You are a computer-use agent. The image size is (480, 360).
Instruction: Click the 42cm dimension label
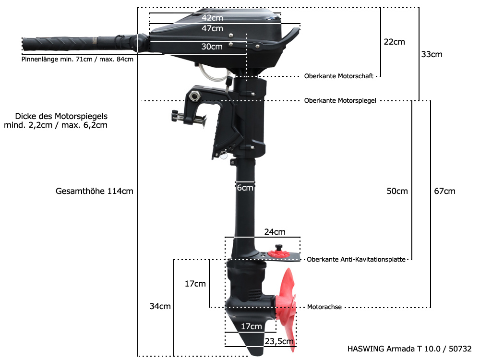point(212,18)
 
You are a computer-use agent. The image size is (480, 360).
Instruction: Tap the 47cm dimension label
point(212,28)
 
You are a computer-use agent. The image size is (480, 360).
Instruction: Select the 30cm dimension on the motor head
point(212,47)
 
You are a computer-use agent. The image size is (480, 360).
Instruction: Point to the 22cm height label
point(394,42)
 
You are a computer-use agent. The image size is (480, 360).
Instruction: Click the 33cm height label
point(432,54)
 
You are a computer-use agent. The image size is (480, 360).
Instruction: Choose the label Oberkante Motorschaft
point(338,76)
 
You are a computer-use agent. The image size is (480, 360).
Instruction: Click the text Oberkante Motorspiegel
point(340,101)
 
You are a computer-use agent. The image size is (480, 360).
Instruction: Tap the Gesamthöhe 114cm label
point(95,191)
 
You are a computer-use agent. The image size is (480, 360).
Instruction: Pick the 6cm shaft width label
point(245,188)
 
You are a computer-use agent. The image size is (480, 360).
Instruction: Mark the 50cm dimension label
point(397,191)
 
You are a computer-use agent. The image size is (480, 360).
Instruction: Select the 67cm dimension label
point(444,191)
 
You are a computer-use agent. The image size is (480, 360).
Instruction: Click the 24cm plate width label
point(275,232)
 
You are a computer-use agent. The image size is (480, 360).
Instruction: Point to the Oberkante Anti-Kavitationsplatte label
point(357,259)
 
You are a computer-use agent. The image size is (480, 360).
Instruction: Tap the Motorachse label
point(324,307)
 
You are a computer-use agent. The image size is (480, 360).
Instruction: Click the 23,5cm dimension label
point(279,341)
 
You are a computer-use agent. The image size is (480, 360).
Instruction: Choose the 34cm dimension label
point(160,306)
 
